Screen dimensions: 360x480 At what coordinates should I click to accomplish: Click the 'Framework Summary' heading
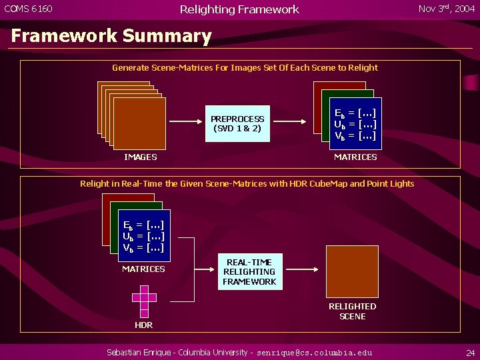point(111,36)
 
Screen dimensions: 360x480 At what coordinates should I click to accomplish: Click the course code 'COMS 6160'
point(29,9)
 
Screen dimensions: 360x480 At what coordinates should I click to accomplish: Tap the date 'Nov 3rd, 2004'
point(446,9)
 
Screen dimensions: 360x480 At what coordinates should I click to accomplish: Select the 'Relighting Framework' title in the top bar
point(239,9)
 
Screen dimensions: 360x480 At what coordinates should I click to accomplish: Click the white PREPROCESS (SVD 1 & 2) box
point(237,123)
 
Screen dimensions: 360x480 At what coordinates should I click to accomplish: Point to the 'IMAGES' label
point(141,157)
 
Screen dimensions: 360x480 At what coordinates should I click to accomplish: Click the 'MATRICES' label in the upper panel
point(355,157)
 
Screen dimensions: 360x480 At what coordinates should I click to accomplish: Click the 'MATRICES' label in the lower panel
point(143,269)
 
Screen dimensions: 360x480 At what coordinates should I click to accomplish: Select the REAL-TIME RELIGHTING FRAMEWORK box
point(249,272)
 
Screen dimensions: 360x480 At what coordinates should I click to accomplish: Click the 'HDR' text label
point(144,325)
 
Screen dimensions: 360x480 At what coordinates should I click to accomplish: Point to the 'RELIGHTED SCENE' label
point(352,311)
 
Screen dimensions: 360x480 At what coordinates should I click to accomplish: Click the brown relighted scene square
point(352,271)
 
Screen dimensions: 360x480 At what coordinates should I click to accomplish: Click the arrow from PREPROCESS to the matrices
point(290,123)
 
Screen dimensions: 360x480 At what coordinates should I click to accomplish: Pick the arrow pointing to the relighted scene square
point(304,271)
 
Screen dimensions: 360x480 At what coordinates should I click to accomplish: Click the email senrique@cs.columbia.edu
point(315,352)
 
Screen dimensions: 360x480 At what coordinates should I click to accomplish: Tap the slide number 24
point(470,352)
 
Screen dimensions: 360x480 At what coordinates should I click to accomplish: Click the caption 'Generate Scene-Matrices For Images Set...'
point(245,68)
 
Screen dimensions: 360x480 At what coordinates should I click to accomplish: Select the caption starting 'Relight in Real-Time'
point(247,184)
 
